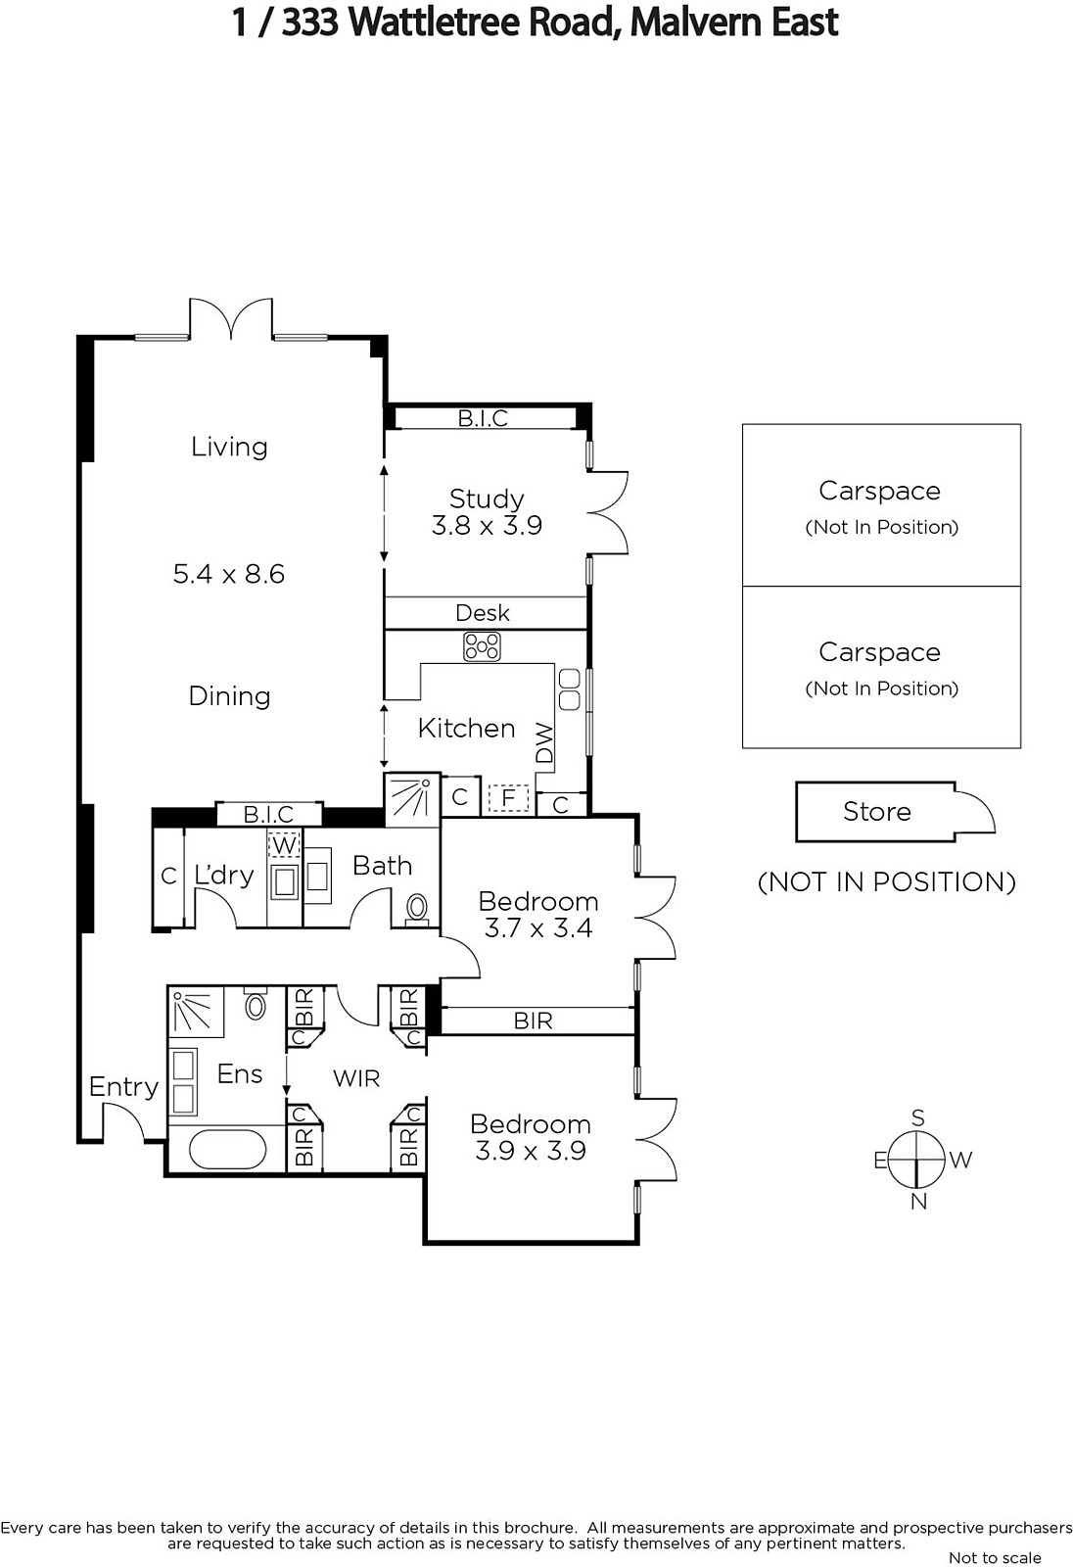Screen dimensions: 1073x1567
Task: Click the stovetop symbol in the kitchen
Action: [482, 646]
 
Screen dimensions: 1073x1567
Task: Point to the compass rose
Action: [917, 1160]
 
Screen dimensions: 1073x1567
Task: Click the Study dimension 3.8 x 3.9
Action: [487, 525]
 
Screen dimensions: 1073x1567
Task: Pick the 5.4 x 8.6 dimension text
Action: [229, 574]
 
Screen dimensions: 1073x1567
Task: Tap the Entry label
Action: [123, 1086]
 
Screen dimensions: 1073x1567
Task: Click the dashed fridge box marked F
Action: [508, 798]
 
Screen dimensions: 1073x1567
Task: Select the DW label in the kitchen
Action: [544, 743]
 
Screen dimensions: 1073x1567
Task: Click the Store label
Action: [877, 812]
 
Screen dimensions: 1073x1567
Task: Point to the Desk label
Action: [483, 613]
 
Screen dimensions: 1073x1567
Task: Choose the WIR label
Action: [356, 1078]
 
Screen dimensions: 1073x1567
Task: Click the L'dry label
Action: [224, 875]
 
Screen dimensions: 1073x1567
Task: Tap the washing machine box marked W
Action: [284, 844]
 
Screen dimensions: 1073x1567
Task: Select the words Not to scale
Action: [995, 1558]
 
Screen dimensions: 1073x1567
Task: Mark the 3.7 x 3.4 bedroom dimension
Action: [538, 928]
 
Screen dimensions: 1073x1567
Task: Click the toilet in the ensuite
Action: [256, 1005]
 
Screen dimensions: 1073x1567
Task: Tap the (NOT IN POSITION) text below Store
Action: [887, 882]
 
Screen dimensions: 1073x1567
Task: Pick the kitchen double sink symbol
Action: [570, 689]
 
